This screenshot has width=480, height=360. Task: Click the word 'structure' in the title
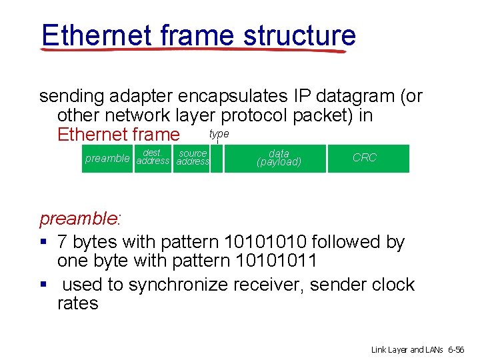[299, 35]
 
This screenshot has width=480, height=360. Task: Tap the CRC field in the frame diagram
[365, 158]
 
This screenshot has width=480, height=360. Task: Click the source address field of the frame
[193, 158]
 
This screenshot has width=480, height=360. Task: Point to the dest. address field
[153, 158]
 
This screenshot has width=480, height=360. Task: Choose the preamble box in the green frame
[107, 158]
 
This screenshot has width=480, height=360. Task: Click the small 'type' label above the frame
[219, 134]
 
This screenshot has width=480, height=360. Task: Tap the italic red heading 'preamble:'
[80, 219]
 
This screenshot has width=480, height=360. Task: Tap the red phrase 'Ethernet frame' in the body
[119, 135]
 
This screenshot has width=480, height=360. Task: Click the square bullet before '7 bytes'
[43, 242]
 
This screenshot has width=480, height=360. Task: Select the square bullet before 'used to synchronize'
[43, 285]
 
